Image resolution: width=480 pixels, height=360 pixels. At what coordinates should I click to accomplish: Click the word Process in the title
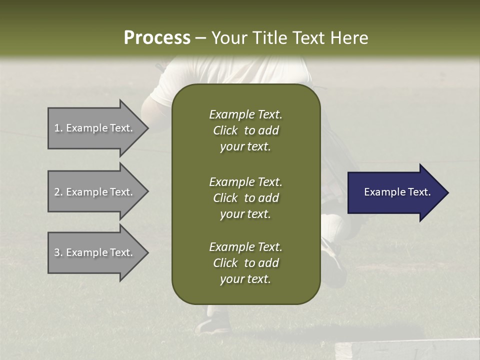pos(157,38)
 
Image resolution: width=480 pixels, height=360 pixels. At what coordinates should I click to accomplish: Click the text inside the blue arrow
pos(397,192)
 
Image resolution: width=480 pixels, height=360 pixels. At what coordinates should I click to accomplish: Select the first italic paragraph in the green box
pos(245,130)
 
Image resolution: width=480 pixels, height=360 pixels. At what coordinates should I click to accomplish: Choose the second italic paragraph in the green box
pos(245,198)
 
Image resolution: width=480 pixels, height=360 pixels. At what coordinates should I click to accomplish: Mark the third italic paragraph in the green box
pos(245,263)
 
